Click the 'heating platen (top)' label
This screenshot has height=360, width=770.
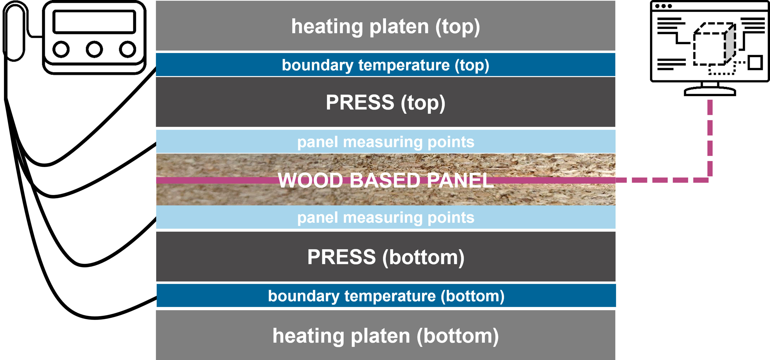(x=386, y=27)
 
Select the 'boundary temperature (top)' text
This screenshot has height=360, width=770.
(x=386, y=65)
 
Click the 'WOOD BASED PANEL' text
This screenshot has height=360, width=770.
(x=386, y=180)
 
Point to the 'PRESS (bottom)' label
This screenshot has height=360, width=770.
(x=386, y=257)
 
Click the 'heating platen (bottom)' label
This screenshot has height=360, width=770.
(x=386, y=336)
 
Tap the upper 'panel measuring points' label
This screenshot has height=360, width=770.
(x=386, y=142)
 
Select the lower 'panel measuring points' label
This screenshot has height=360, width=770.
(x=386, y=218)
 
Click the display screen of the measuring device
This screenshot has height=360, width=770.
(x=94, y=22)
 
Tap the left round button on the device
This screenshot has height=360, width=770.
(x=61, y=49)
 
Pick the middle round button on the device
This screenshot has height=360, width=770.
(x=94, y=49)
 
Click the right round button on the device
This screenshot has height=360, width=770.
(x=128, y=49)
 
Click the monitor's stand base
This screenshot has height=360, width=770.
(x=710, y=91)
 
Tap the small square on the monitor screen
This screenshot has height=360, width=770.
(x=755, y=62)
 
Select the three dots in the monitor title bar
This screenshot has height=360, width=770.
(x=663, y=6)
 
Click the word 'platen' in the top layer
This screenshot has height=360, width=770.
(x=399, y=27)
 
